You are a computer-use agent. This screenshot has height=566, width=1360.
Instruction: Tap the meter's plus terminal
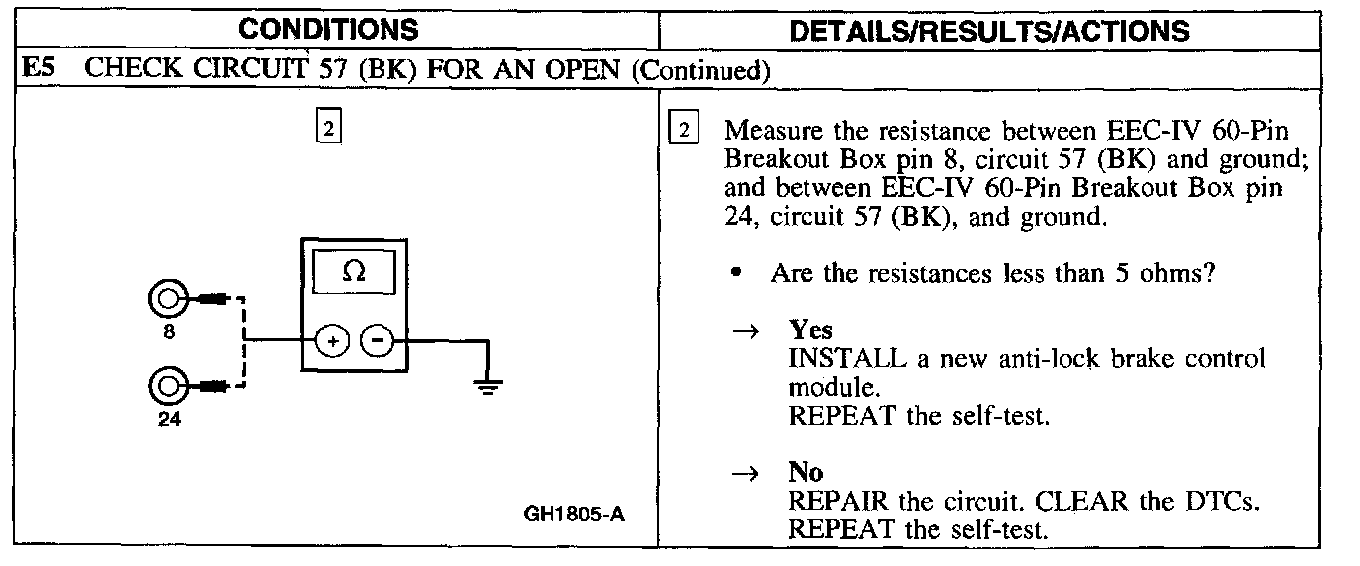332,342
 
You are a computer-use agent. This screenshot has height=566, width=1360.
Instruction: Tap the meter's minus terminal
377,342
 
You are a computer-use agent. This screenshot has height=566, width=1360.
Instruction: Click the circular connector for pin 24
166,384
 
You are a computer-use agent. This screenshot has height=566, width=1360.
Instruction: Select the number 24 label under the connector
167,420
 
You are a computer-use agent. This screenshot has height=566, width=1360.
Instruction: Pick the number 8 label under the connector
169,332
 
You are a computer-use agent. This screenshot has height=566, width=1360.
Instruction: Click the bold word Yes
810,331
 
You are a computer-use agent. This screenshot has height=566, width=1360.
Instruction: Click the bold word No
806,473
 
